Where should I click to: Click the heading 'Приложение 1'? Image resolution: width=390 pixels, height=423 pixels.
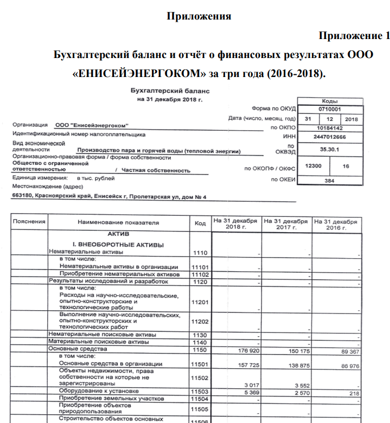pos(354,36)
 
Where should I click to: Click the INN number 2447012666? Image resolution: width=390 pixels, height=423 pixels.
pos(329,137)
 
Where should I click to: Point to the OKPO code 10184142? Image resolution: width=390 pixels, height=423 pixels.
pos(329,128)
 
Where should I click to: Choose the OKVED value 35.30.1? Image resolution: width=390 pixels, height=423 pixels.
pos(329,148)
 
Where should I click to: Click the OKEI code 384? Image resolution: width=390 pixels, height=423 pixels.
pos(329,181)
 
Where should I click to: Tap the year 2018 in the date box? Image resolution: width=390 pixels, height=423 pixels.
pos(351,119)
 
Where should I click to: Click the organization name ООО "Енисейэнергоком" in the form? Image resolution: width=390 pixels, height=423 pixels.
pos(95,125)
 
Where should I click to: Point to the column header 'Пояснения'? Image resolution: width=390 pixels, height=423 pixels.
pos(29,222)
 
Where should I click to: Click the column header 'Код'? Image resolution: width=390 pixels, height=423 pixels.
pos(200,223)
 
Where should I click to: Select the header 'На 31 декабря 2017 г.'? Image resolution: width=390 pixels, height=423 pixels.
pos(285,225)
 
